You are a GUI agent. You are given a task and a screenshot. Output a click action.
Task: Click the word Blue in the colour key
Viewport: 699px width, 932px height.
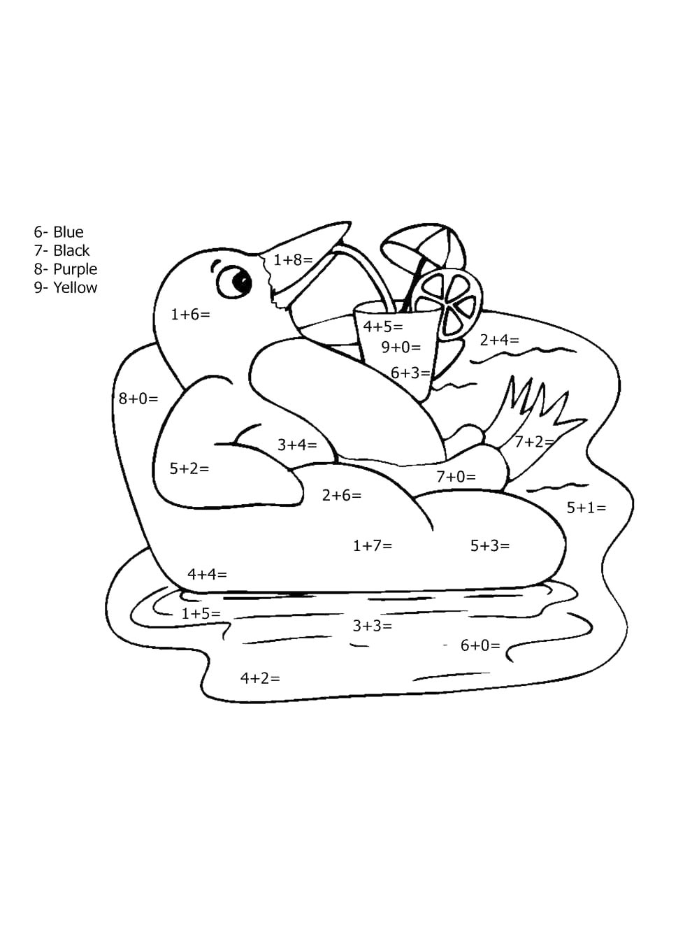[x=69, y=232]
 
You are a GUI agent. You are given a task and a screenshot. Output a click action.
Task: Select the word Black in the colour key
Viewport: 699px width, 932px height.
[x=71, y=250]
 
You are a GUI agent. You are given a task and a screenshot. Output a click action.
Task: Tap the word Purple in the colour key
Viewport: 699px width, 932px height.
[x=75, y=269]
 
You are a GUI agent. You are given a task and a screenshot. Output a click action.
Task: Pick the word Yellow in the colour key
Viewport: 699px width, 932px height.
[x=75, y=287]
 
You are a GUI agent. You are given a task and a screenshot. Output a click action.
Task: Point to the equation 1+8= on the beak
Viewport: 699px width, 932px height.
[x=293, y=259]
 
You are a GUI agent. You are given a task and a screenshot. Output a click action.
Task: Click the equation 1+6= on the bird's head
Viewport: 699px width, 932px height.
[x=191, y=315]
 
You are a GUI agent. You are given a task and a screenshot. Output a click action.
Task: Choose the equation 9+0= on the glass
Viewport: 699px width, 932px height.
[x=401, y=347]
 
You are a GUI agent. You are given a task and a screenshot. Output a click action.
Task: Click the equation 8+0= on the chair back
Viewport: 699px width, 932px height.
[x=138, y=399]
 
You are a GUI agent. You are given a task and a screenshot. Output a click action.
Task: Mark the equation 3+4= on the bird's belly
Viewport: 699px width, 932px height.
[x=297, y=445]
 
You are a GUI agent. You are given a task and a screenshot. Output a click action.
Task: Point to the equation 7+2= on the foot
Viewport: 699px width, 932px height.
[x=535, y=442]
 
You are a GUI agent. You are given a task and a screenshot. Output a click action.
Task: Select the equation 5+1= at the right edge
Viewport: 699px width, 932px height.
[x=586, y=508]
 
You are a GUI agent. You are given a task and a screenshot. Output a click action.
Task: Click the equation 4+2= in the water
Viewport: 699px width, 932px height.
[x=260, y=678]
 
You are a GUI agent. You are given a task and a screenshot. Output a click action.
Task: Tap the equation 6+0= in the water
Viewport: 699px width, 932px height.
[x=480, y=645]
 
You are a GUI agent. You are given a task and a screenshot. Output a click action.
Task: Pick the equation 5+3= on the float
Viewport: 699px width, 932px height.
[x=490, y=545]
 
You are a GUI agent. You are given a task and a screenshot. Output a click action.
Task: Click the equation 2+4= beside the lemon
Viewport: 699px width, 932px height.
[x=500, y=340]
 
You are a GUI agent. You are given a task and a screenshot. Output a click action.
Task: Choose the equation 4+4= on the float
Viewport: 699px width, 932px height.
[x=207, y=575]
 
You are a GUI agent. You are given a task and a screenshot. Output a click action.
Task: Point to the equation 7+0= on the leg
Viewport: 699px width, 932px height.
[x=456, y=477]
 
